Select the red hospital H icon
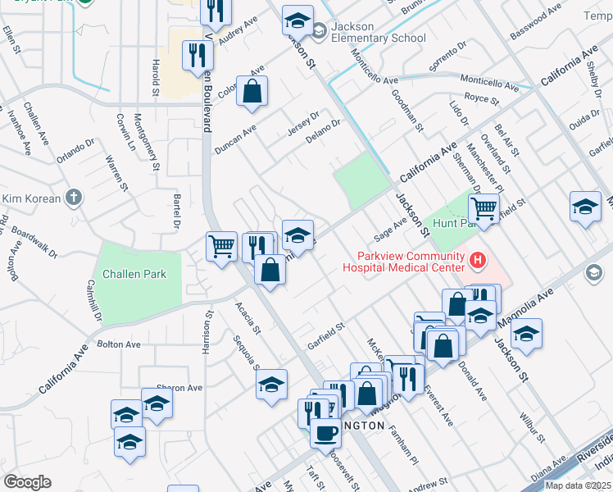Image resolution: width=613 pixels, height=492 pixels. click(477, 262)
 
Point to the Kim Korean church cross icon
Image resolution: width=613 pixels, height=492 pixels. click(74, 198)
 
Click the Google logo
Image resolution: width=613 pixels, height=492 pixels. click(26, 482)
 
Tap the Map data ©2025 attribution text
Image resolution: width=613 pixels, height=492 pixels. click(578, 485)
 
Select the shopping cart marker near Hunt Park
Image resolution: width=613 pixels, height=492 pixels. click(484, 209)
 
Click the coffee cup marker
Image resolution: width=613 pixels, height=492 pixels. click(325, 431)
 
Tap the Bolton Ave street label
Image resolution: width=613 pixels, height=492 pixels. click(119, 344)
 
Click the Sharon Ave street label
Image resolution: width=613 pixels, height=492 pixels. click(179, 388)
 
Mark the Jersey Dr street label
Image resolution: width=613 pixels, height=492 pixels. click(302, 125)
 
